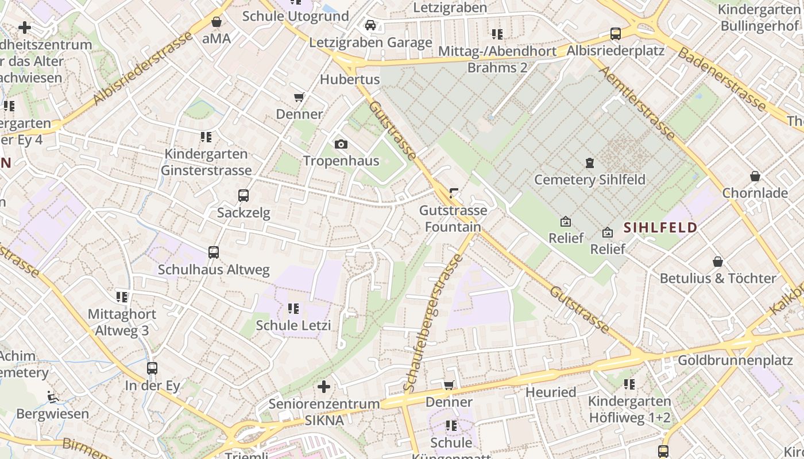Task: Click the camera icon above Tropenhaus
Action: [x=341, y=144]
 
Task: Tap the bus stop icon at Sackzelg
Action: [x=243, y=196]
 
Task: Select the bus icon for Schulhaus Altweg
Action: [x=214, y=252]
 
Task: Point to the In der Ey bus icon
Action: [x=152, y=368]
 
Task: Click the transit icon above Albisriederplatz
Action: [x=616, y=34]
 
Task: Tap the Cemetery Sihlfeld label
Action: [x=590, y=180]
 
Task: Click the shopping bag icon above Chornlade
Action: [x=755, y=176]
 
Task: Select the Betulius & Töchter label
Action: [x=718, y=278]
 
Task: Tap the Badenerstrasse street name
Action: [x=722, y=79]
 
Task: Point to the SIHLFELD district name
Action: [x=660, y=228]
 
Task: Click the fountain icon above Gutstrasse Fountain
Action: [x=454, y=194]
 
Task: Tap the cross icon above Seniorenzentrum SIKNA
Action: [x=324, y=387]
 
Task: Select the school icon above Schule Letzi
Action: [x=293, y=309]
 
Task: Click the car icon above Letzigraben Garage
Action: [x=370, y=25]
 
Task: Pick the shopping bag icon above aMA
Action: [x=217, y=22]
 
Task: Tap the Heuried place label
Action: [x=551, y=392]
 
